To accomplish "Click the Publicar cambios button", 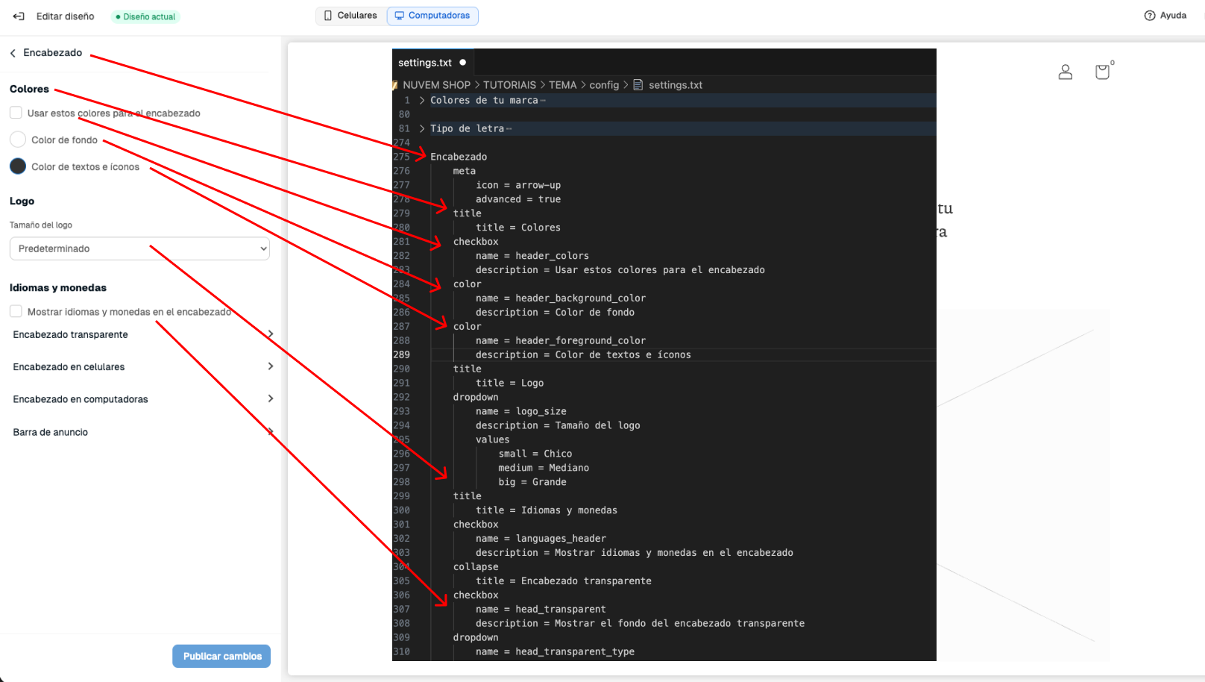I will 221,656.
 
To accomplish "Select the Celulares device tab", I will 350,16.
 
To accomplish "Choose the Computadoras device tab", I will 432,16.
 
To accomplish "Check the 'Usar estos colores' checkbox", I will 16,113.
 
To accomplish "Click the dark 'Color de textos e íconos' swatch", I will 18,166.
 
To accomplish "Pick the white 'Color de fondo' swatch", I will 18,140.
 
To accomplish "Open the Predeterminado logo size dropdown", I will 139,248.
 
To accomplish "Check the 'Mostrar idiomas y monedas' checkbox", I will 16,311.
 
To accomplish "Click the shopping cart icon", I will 1102,72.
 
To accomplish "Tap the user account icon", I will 1066,72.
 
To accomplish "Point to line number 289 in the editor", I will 401,354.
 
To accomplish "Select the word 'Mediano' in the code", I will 569,468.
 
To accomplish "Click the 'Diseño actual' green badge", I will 145,16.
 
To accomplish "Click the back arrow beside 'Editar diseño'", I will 19,16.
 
